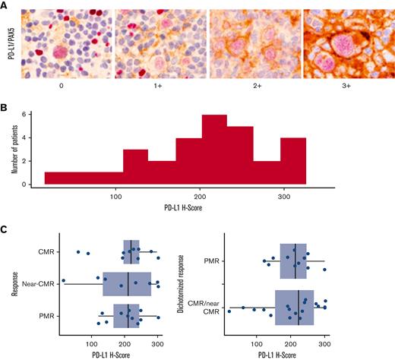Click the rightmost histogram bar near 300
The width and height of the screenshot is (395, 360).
[x=293, y=160]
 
